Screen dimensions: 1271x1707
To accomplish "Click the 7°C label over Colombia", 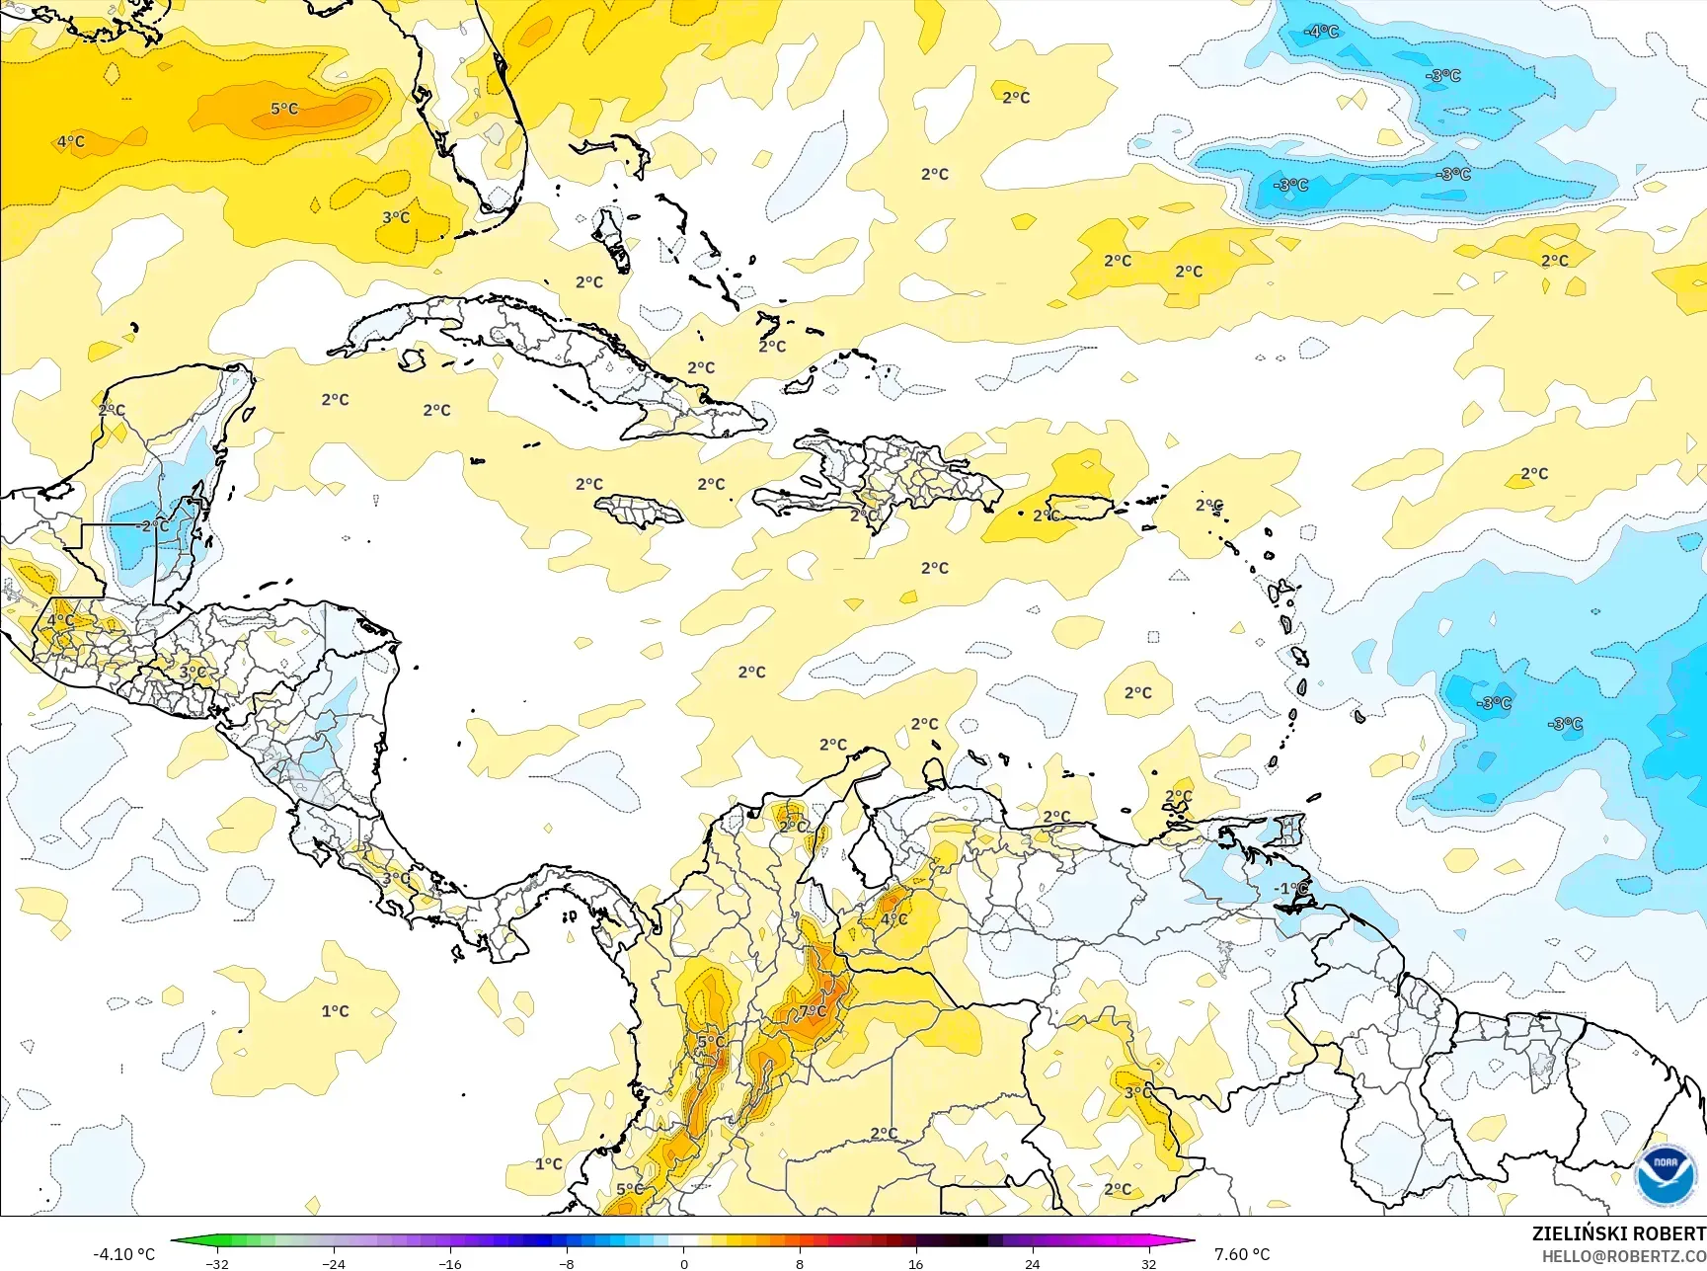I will (x=813, y=1011).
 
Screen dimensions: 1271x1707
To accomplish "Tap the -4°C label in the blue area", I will (x=1321, y=32).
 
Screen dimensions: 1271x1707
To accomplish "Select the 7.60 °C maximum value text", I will (x=1242, y=1254).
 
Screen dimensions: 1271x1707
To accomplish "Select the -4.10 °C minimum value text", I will (x=124, y=1254).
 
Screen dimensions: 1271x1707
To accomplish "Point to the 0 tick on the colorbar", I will (x=683, y=1263).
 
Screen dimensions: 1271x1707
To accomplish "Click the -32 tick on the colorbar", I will (x=217, y=1263).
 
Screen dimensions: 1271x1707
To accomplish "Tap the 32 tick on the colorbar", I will (x=1148, y=1263).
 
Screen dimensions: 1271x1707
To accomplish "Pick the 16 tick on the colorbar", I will (x=915, y=1263).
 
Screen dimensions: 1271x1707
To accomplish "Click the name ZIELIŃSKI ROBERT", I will (x=1618, y=1233).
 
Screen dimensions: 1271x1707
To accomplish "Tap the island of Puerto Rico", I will (x=1080, y=507).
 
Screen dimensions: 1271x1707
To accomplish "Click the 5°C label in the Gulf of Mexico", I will (x=284, y=109).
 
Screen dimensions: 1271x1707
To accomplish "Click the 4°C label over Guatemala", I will (x=60, y=620).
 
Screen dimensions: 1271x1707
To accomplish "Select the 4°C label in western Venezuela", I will (x=893, y=918).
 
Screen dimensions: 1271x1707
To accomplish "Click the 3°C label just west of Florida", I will (x=396, y=217).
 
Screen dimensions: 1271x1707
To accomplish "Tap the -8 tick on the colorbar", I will (x=567, y=1263).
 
